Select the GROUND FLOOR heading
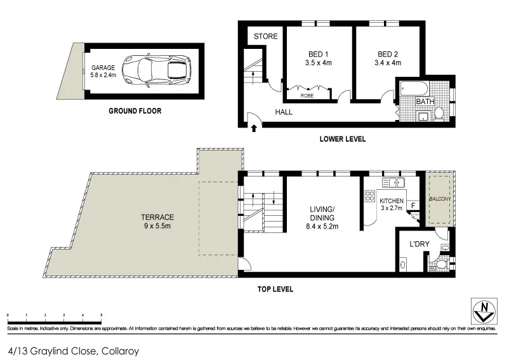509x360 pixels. tap(135, 111)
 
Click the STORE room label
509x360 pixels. tap(265, 36)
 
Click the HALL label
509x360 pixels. tap(283, 112)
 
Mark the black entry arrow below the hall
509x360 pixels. tap(255, 129)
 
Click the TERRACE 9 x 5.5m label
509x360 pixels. tap(157, 221)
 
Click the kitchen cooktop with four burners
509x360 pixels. tap(369, 197)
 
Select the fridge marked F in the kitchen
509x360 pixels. tap(413, 205)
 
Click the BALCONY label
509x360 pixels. tap(439, 199)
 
